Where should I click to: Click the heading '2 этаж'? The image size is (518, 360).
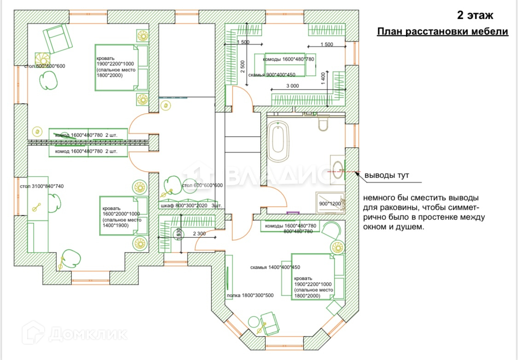tap(475, 15)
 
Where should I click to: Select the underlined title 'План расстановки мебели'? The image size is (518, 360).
tap(442, 32)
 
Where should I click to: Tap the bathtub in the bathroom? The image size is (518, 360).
tap(279, 141)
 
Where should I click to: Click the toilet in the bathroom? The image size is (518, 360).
tap(322, 124)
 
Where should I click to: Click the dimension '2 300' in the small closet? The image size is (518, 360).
tap(199, 234)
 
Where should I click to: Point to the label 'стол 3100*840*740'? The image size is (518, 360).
tap(41, 186)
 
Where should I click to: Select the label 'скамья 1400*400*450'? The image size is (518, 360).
tap(275, 267)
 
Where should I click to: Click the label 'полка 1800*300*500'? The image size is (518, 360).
tap(250, 296)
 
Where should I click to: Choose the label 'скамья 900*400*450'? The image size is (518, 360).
tap(272, 75)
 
